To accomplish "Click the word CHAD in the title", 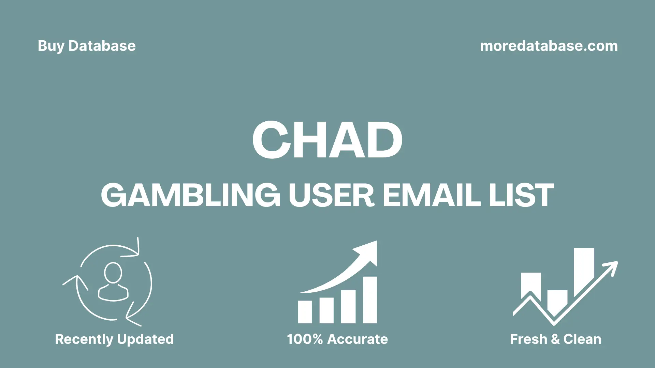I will pos(327,140).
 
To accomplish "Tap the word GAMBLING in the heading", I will pos(190,195).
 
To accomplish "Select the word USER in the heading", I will pos(332,195).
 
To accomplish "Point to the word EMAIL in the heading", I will pos(432,195).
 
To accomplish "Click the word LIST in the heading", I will pos(521,195).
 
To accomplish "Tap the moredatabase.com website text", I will pos(549,46).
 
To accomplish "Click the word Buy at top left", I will pos(51,46).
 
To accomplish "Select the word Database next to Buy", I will pos(102,46).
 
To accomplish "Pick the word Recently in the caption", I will pos(84,339).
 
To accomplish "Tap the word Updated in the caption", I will pos(145,339).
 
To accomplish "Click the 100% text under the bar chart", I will pos(305,339).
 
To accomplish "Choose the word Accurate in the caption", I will pos(358,339).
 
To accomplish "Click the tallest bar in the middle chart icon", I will pos(370,300).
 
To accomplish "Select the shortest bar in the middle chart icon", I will pos(305,312).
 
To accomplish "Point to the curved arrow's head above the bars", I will pos(368,251).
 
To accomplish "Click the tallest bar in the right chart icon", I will pos(583,269).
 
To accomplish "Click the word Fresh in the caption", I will pos(528,339).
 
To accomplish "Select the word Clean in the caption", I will pos(582,339).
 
